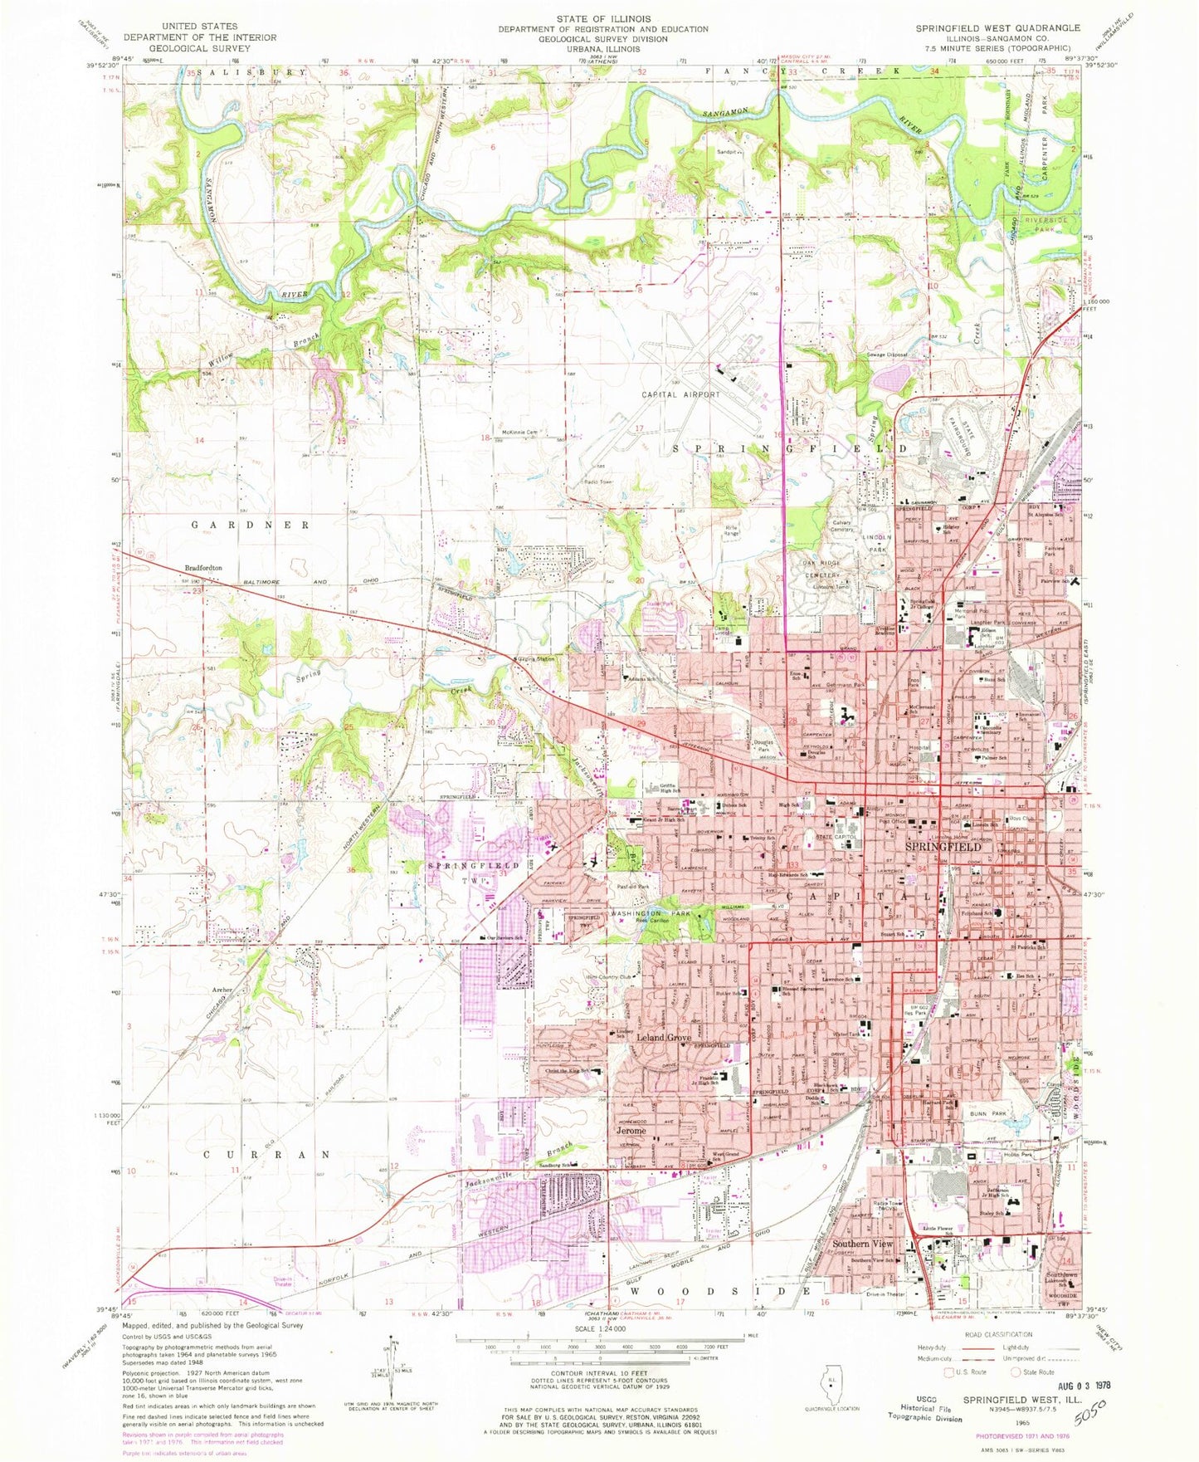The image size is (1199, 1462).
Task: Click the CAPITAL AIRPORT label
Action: click(x=680, y=394)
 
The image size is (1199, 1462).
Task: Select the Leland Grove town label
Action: click(x=663, y=1038)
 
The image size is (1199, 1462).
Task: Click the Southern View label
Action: click(x=863, y=1244)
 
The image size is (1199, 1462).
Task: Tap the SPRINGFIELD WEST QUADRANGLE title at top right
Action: click(x=997, y=27)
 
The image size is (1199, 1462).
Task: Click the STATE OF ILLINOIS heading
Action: click(x=602, y=18)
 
